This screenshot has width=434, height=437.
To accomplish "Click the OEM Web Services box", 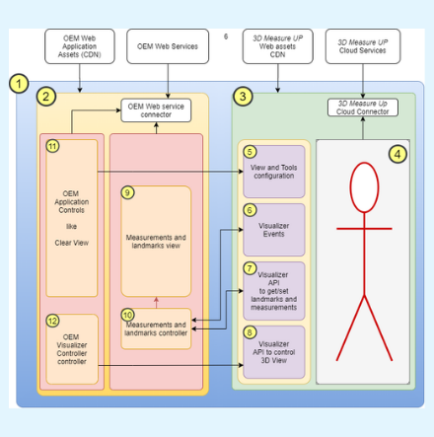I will coord(168,46).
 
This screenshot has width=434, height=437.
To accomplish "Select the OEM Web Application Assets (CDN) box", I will coord(79,46).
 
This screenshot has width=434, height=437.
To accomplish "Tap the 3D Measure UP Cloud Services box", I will coord(363,46).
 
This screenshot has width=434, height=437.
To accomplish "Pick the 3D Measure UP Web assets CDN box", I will coord(278,46).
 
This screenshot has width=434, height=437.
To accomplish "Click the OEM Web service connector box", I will coord(156,110).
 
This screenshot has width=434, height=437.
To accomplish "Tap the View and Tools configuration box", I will coord(273,172).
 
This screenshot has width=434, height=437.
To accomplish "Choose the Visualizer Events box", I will coord(273,230).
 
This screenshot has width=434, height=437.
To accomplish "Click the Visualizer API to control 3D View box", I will coord(273,352).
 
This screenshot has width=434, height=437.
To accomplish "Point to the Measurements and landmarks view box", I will coord(156,242).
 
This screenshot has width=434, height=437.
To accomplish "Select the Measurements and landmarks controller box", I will coord(156,328).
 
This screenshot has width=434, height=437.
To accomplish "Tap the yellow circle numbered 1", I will coord(19,84).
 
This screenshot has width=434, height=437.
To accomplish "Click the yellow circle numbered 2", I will coord(46,97).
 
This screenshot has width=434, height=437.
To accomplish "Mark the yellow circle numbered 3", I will coord(243,97).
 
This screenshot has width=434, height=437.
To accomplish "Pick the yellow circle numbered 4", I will coord(397,154).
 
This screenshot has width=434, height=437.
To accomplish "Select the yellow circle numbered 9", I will coord(127,192).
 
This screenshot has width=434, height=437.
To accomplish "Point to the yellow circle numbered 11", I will coord(53,146).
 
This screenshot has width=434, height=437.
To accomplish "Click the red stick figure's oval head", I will coord(364,187).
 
